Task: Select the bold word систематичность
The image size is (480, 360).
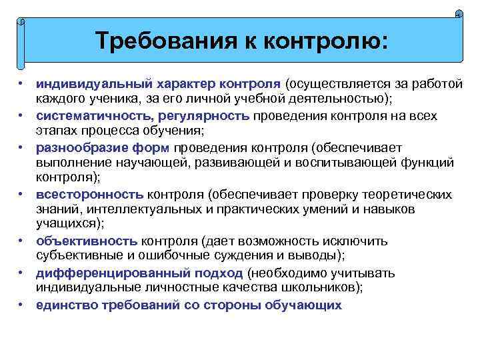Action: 91,116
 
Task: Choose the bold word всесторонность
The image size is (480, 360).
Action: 89,195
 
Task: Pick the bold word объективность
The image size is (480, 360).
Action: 87,241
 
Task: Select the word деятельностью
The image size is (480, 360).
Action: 336,99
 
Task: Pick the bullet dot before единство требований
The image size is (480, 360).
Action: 22,305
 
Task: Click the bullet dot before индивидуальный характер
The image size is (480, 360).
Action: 22,85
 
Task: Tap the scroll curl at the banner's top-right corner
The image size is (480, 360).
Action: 459,14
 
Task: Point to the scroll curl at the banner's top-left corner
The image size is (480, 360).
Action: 21,22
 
